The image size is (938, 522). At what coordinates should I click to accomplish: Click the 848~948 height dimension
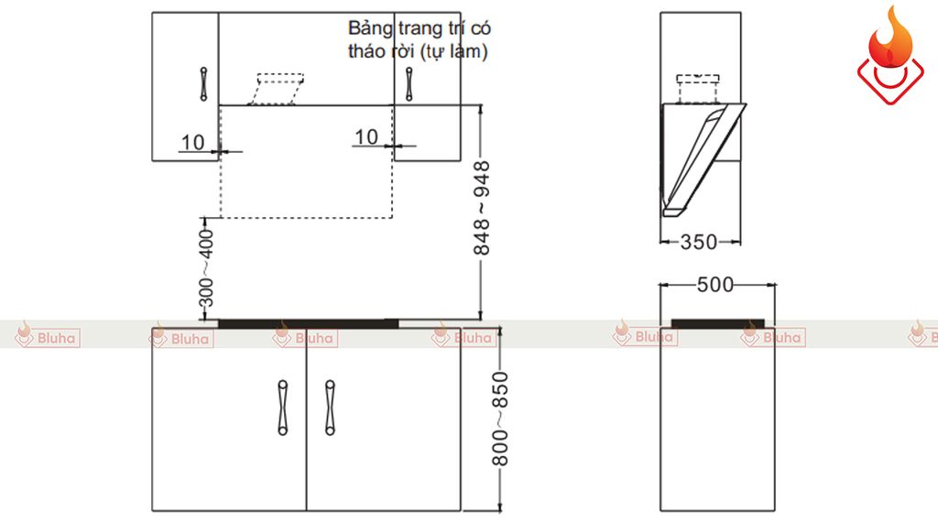click(482, 208)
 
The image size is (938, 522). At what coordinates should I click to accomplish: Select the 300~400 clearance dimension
click(206, 268)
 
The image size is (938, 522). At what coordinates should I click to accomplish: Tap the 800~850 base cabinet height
click(499, 419)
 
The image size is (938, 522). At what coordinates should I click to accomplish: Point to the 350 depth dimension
click(699, 242)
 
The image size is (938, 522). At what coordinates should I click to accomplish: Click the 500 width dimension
click(715, 285)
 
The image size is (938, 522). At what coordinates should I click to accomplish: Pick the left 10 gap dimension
click(192, 142)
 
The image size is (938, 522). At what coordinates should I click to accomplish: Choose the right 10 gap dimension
click(366, 137)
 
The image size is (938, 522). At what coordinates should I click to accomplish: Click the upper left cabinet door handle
click(203, 83)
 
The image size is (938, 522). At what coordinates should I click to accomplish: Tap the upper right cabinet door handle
click(409, 83)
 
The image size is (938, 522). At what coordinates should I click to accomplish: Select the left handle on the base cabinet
click(283, 408)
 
